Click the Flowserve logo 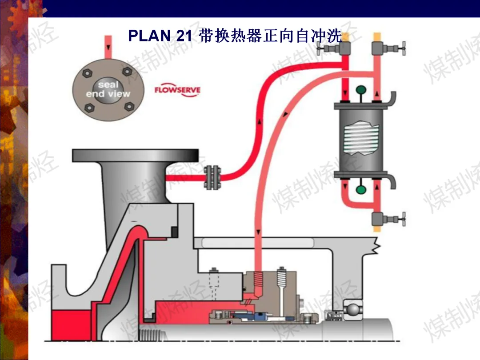click(177, 90)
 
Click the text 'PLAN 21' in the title click(160, 36)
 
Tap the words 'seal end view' click(108, 89)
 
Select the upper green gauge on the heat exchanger click(361, 90)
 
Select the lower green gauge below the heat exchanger click(361, 189)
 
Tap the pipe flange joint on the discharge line click(212, 177)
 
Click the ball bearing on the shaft click(353, 309)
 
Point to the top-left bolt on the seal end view click(87, 73)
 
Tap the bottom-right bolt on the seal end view click(129, 107)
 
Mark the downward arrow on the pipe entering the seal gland click(258, 232)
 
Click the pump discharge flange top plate click(135, 156)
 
